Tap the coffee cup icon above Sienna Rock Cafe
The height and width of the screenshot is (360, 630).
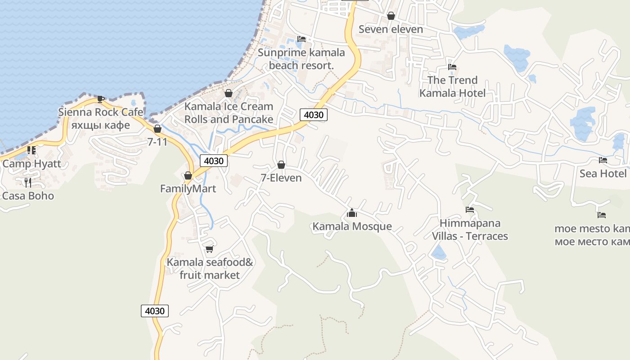coord(100,99)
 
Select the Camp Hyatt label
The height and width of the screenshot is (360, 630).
coord(31,163)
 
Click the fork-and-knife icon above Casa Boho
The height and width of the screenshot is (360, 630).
coord(28,182)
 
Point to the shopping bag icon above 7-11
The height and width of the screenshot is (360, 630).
coord(157,129)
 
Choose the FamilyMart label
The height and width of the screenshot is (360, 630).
coord(188,189)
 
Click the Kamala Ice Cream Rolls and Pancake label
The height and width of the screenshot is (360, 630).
coord(229,113)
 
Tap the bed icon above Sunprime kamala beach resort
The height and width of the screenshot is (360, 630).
coord(301,39)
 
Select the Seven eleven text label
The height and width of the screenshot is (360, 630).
coord(391,29)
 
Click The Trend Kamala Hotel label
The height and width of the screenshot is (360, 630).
coord(452,86)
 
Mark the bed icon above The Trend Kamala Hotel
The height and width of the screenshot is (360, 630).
coord(452,67)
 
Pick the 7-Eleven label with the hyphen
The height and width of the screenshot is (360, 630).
coord(281,178)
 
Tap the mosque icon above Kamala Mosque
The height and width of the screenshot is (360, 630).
coord(352,213)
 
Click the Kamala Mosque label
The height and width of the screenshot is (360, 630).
coord(352,226)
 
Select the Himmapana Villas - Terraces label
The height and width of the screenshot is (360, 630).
coord(470,229)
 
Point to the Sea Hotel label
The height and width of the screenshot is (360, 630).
coord(603,173)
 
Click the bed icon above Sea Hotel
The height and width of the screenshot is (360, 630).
coord(603,160)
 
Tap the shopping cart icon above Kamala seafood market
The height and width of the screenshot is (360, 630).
coord(209,249)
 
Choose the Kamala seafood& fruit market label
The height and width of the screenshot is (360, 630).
coord(210,268)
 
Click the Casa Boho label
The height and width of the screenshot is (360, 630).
coord(28,196)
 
